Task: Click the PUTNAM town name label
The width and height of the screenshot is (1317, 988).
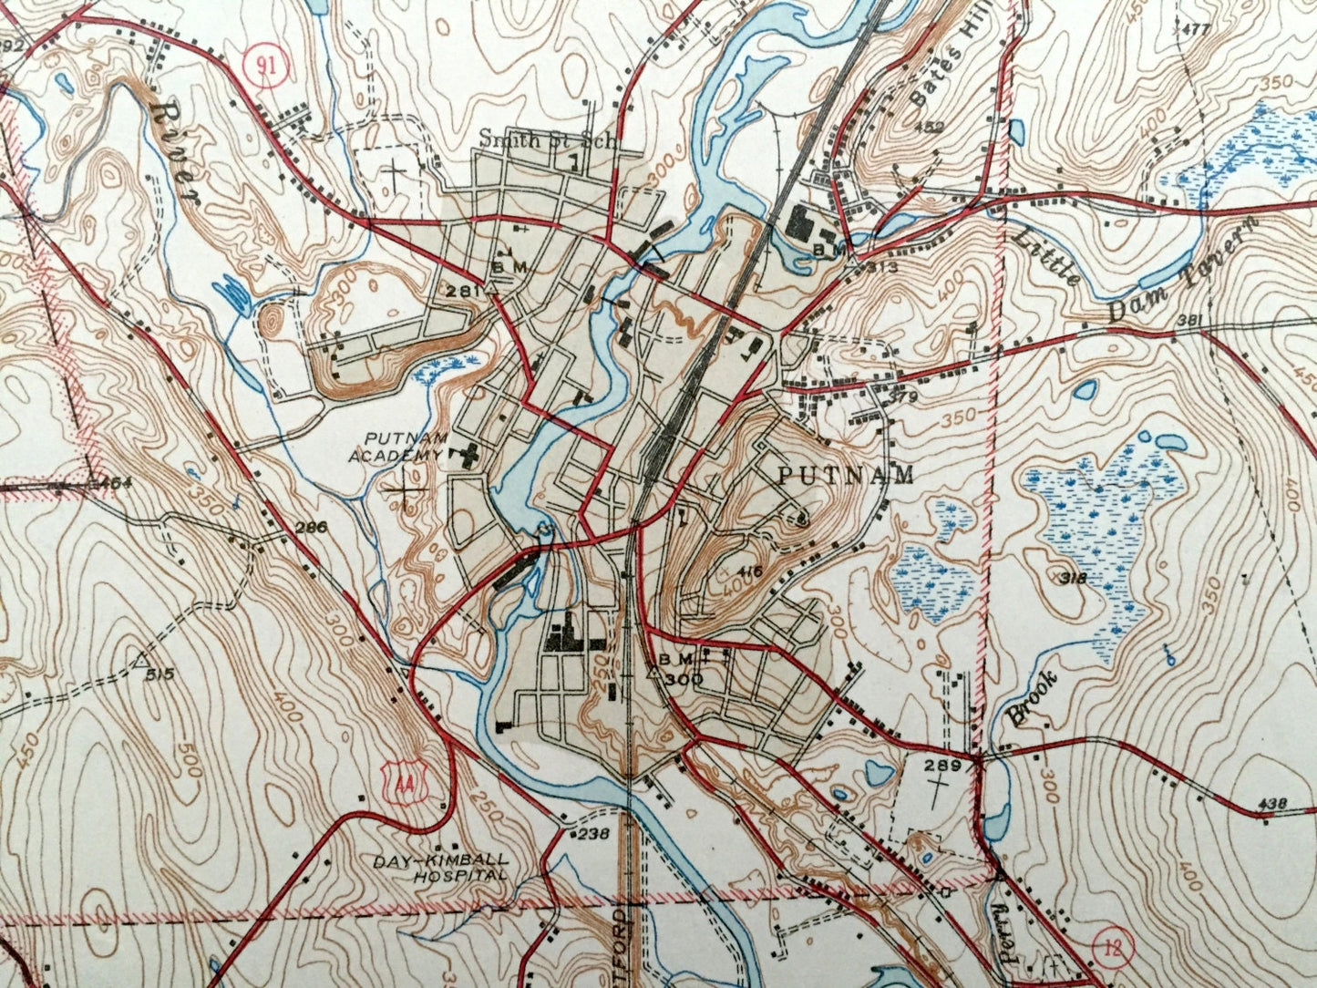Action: click(x=846, y=475)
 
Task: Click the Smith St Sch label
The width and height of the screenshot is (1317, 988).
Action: click(x=549, y=140)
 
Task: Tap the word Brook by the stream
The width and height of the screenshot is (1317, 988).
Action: click(x=1033, y=698)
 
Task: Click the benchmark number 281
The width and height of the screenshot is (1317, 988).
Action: click(x=463, y=290)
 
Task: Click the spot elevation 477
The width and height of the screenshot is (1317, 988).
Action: click(x=1193, y=29)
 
